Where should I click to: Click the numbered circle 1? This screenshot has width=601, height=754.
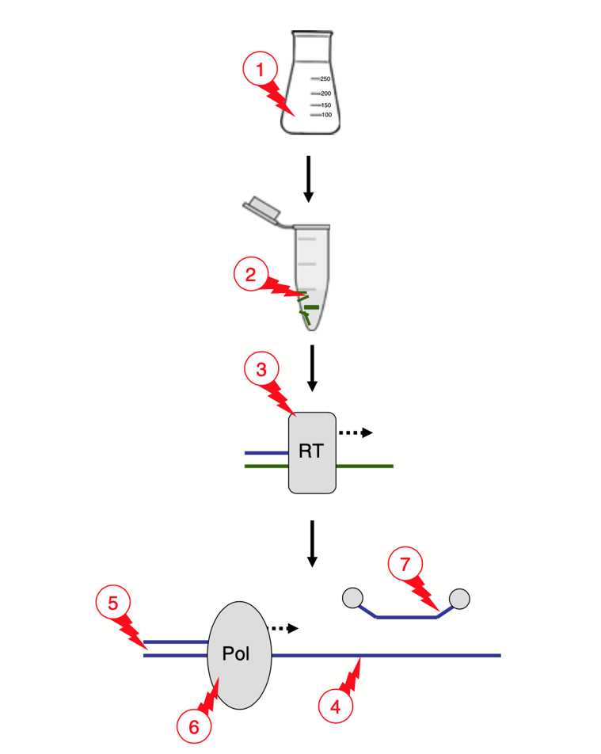click(257, 70)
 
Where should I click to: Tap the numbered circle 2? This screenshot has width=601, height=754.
click(250, 275)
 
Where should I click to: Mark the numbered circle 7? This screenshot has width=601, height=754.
click(405, 565)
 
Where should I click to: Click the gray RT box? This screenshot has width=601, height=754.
click(312, 452)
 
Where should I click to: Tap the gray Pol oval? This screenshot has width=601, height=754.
click(240, 655)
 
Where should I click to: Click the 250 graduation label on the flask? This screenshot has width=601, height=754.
click(325, 79)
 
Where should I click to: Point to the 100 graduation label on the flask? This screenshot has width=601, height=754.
click(325, 115)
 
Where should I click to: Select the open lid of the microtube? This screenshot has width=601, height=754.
click(261, 208)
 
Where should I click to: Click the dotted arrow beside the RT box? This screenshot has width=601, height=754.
click(355, 432)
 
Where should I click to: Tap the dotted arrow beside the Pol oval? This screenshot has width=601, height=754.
click(285, 628)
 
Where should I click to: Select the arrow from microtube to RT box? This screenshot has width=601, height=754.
click(312, 367)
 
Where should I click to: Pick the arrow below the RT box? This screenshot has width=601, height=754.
click(312, 543)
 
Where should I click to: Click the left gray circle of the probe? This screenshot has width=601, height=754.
click(352, 597)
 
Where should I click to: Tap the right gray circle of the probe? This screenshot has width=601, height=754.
click(459, 597)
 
